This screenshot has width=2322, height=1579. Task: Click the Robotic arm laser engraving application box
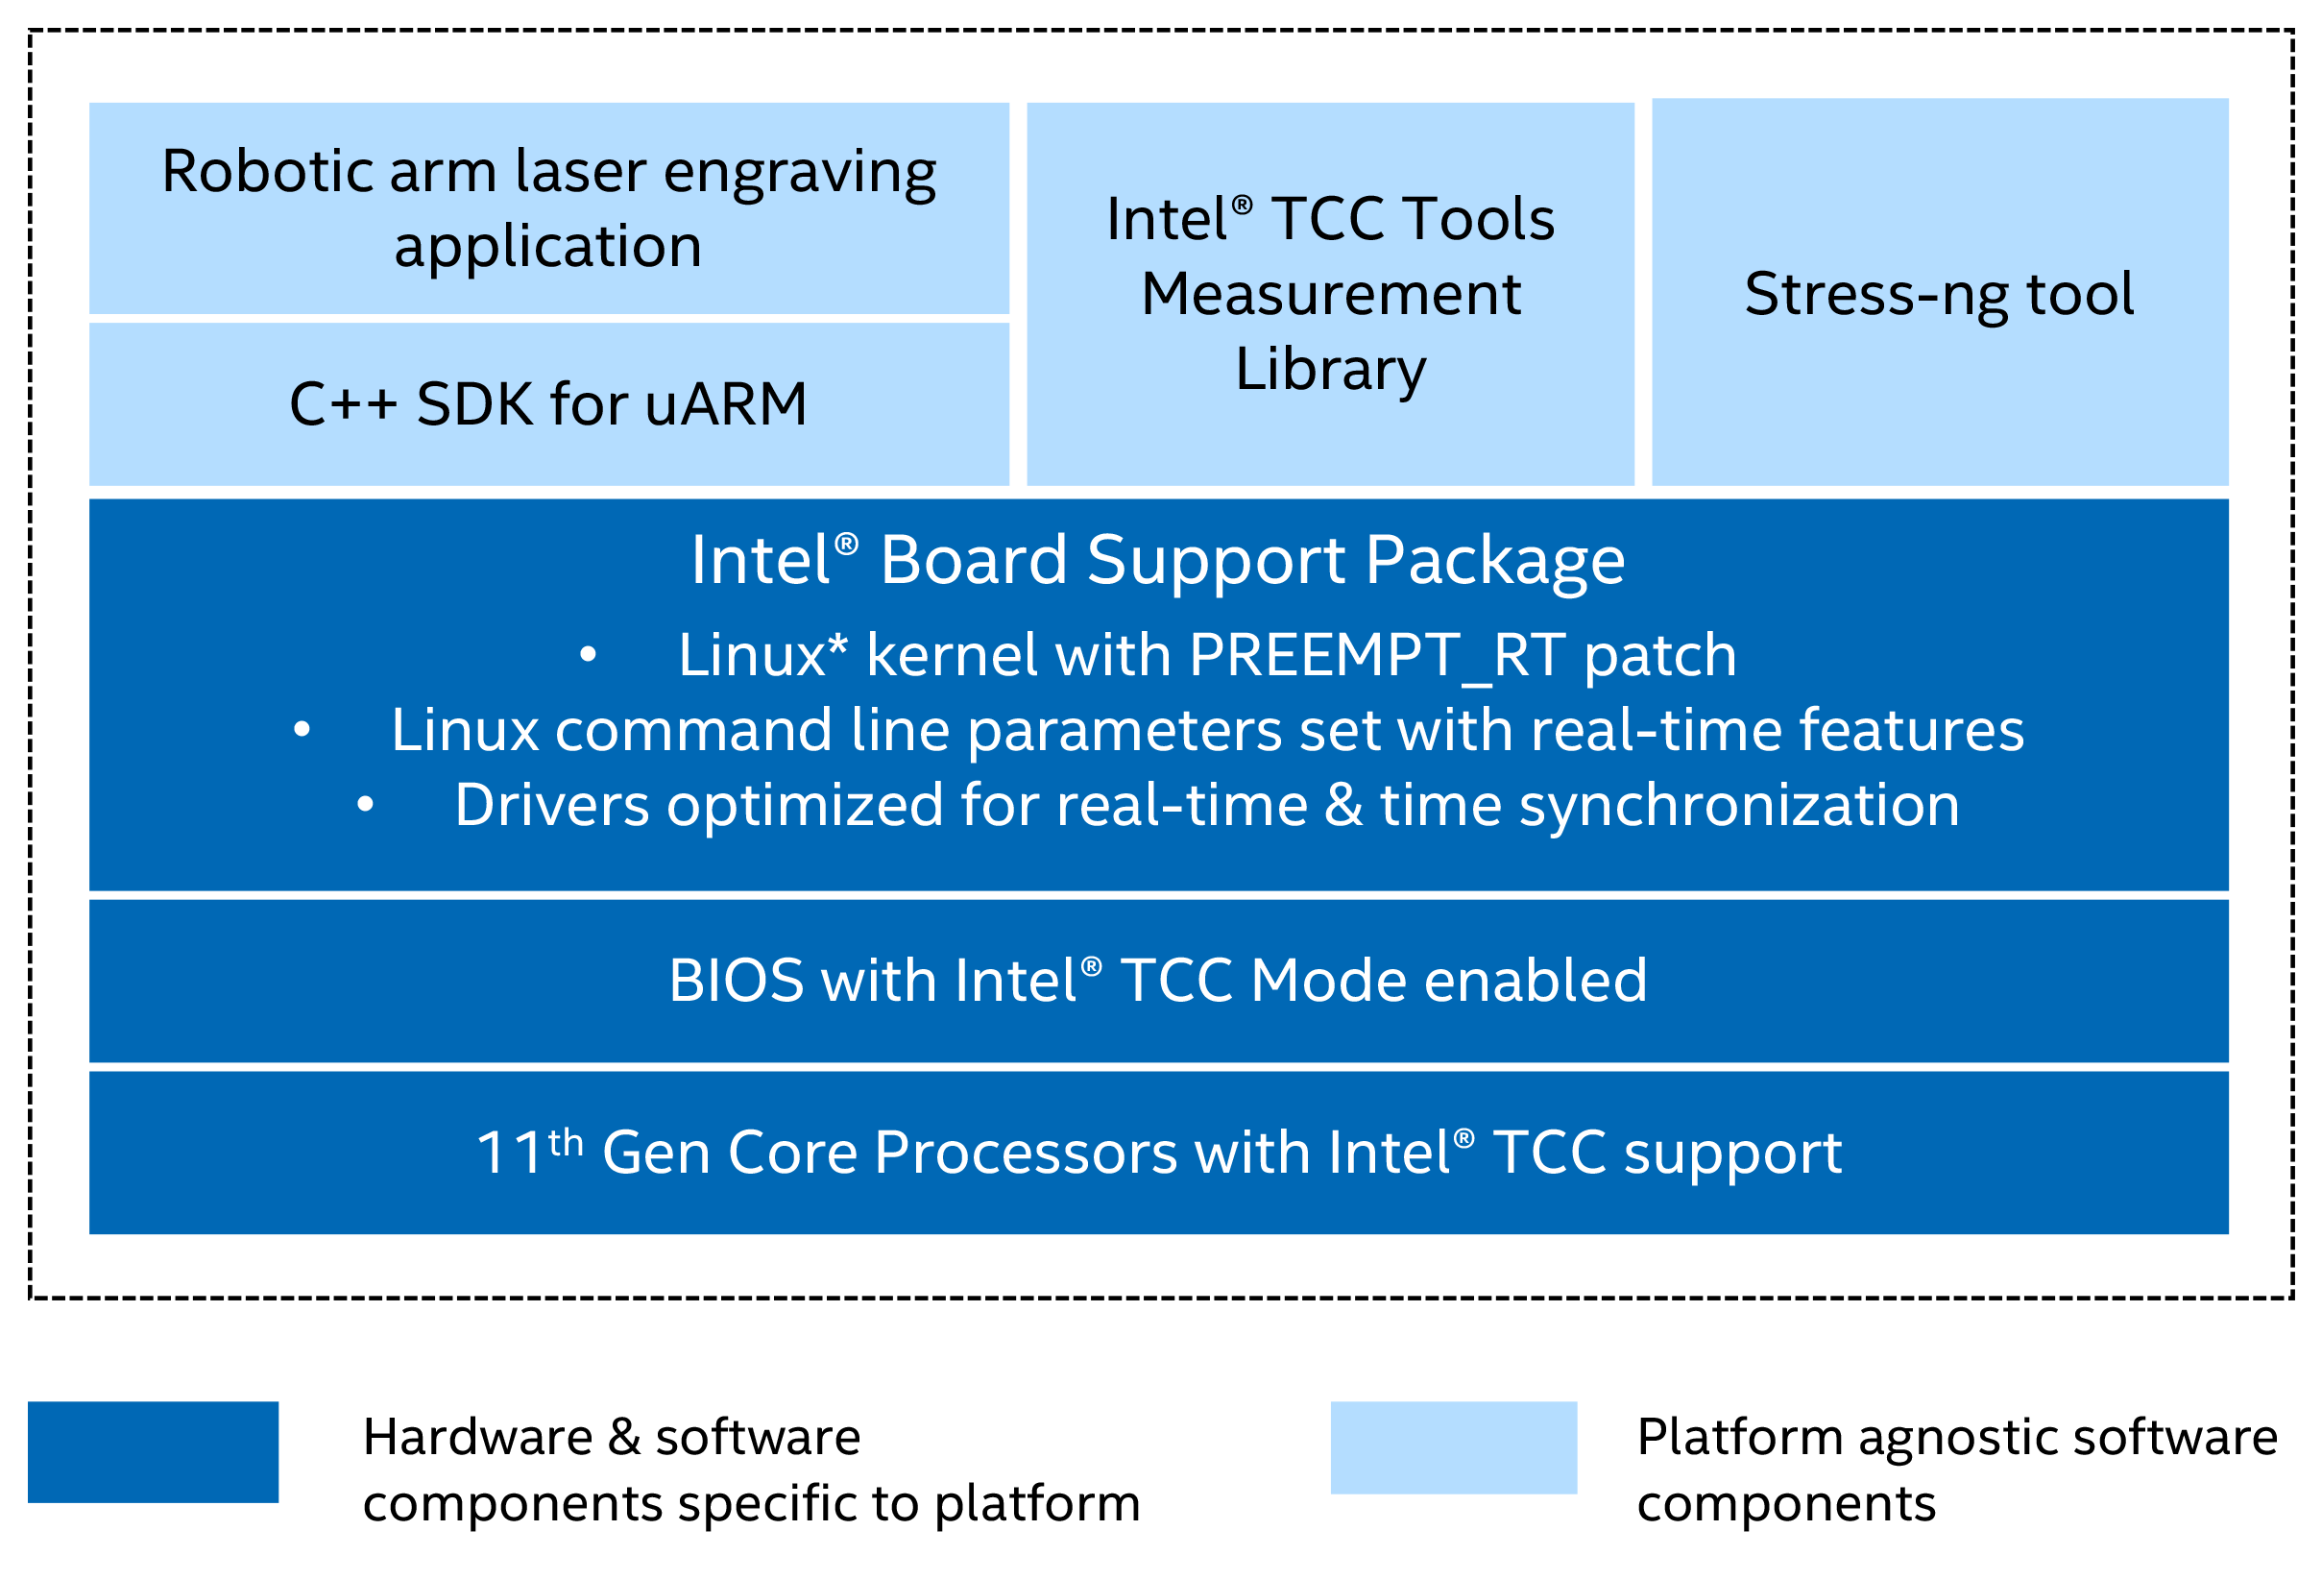pos(548,207)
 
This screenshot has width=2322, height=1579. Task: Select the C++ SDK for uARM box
pos(548,403)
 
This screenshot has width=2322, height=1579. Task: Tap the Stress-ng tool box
pos(1940,293)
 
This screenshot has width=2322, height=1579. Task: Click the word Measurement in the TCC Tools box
pos(1331,294)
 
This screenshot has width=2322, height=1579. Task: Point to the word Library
pos(1331,370)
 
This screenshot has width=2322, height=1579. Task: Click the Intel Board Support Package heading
pos(1158,560)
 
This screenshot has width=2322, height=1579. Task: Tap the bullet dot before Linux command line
pos(302,731)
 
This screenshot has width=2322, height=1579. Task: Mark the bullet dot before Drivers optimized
pos(366,805)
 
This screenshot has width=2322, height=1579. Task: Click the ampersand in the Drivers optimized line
pos(1342,806)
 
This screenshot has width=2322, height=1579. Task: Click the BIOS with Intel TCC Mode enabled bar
pos(1158,981)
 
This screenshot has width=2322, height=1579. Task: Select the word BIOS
pos(737,981)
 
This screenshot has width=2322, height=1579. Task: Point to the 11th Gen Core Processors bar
pos(1158,1154)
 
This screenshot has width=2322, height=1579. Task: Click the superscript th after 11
pos(566,1141)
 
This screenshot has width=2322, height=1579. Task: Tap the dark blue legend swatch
pos(153,1451)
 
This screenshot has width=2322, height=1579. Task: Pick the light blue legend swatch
pos(1453,1447)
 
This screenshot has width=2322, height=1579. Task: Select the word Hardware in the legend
pos(477,1437)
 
